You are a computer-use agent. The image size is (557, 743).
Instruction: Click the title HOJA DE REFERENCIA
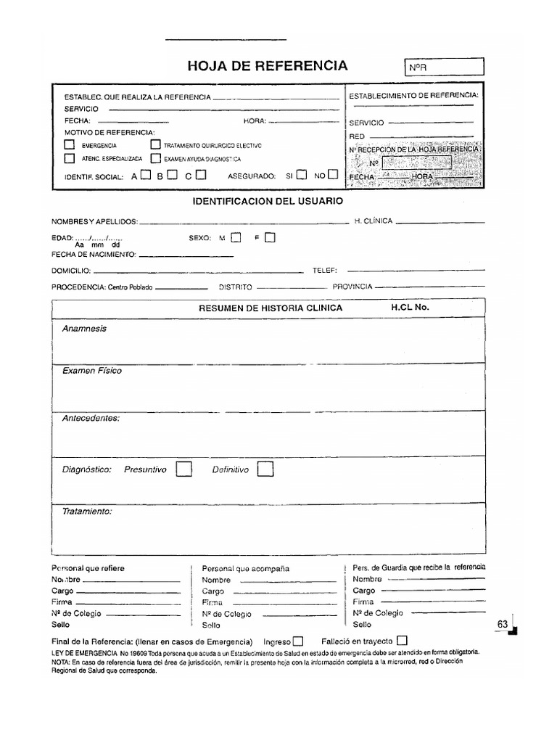point(268,66)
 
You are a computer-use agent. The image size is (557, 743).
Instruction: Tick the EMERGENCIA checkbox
point(69,144)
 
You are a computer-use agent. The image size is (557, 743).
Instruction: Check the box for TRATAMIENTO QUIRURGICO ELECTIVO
point(155,144)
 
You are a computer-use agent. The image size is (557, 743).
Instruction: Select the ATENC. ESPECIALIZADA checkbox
point(69,158)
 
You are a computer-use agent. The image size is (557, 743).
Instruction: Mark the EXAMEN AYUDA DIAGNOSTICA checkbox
point(155,158)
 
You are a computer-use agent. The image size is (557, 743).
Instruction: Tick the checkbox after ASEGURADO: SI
point(302,174)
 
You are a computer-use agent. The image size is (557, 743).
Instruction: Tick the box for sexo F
point(270,237)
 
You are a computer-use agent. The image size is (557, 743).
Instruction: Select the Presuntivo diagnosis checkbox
point(184,469)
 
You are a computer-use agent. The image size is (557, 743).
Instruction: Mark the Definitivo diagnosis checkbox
point(265,469)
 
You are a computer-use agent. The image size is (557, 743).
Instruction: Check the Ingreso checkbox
point(298,641)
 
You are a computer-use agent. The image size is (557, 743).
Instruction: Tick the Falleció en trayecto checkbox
point(403,641)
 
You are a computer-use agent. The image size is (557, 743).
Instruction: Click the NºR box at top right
point(442,67)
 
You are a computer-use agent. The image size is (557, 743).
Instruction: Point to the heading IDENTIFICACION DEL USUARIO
point(268,200)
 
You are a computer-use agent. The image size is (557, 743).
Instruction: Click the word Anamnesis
point(84,328)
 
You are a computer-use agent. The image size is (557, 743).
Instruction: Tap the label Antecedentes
point(91,418)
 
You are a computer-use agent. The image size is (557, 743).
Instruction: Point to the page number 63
point(503,624)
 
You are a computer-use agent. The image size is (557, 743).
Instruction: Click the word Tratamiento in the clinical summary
point(87,511)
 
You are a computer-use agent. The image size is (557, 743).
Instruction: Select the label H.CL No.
point(410,307)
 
